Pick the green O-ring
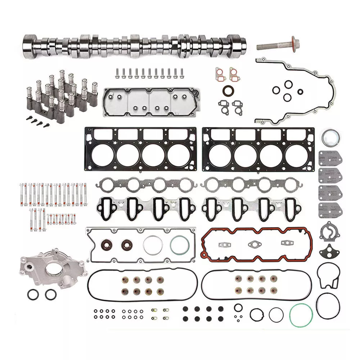click(x=301, y=315)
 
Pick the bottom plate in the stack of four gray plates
click(x=330, y=210)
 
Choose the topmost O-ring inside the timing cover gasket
click(x=288, y=84)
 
